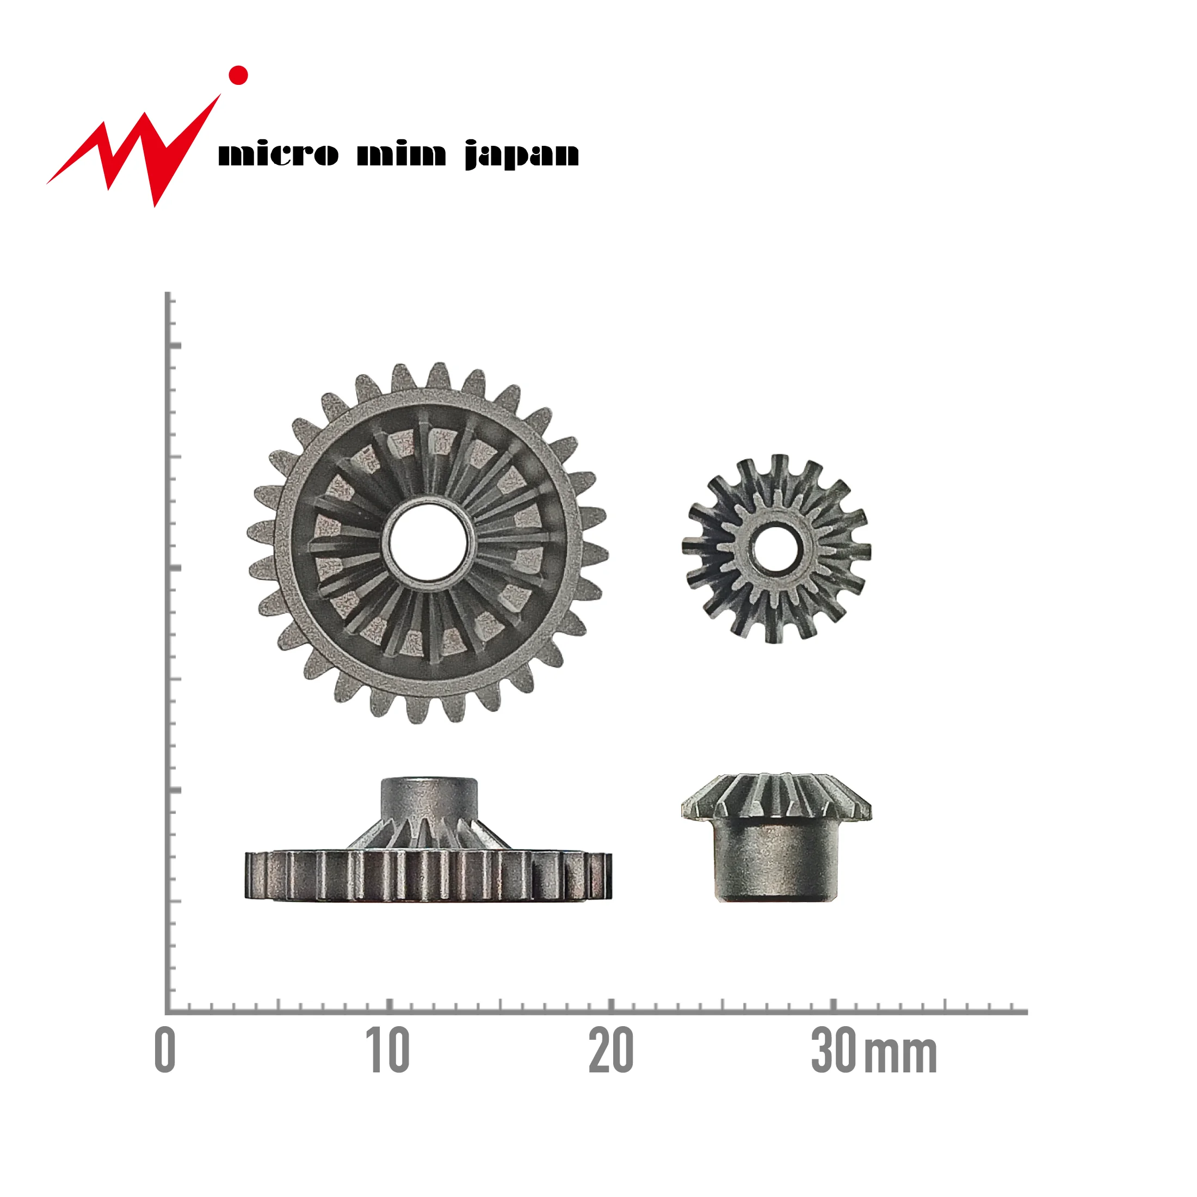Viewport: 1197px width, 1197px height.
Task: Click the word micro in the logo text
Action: (x=278, y=155)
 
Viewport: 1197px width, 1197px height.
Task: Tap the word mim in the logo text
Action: (x=402, y=155)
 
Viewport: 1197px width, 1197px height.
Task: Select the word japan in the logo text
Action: (x=522, y=155)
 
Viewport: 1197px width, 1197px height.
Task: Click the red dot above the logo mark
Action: (x=238, y=76)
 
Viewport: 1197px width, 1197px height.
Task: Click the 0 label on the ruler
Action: (x=165, y=1050)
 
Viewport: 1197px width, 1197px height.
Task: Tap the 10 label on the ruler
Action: (x=387, y=1050)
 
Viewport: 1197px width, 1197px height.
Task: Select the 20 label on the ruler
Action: (x=610, y=1050)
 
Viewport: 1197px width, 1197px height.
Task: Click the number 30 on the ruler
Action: (x=834, y=1050)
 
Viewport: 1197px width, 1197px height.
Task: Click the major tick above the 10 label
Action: (x=389, y=1004)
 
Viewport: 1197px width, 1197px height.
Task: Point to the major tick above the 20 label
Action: (x=612, y=1004)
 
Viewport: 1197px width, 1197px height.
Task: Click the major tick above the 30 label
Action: (x=834, y=1004)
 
